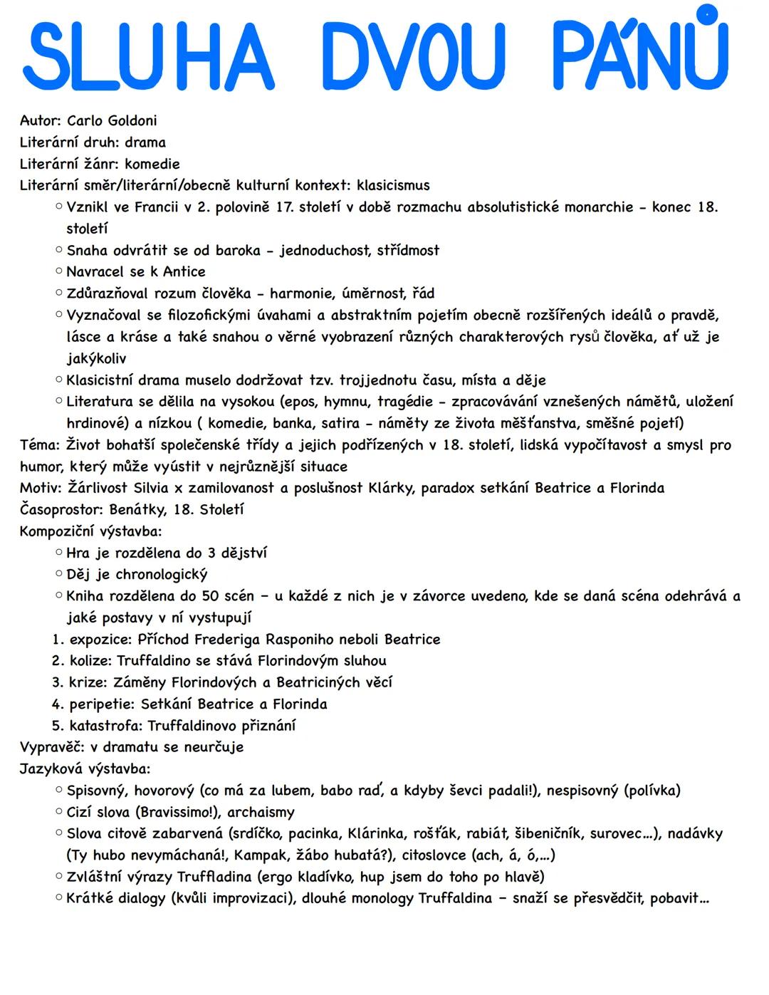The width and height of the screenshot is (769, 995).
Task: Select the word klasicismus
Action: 393,185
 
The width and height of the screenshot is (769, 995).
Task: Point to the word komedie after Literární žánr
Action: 152,164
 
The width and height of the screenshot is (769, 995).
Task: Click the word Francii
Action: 160,207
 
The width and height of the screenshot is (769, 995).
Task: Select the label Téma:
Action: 41,445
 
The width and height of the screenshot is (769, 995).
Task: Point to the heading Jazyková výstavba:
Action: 85,769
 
